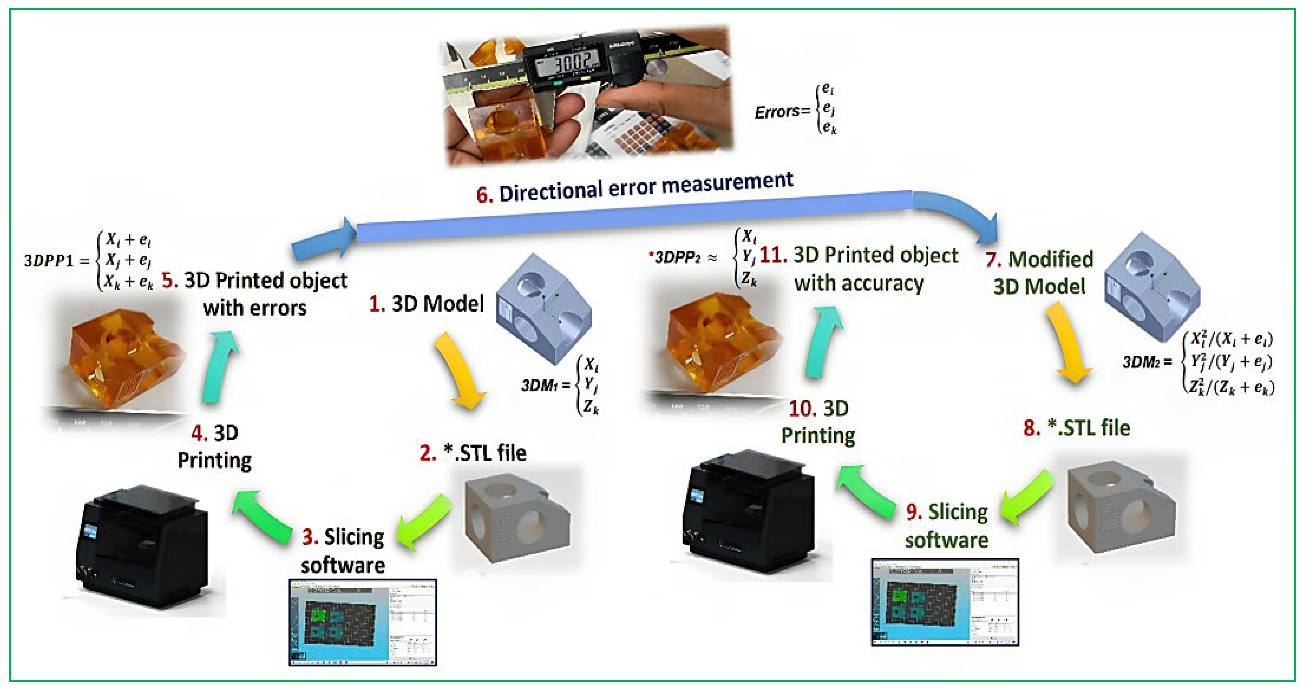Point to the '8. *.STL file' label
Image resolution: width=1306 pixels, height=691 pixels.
(1076, 428)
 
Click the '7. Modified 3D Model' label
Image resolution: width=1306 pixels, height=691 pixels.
(1039, 273)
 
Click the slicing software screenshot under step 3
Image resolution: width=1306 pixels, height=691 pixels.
(363, 621)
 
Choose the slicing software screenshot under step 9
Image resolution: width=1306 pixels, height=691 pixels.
(945, 602)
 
